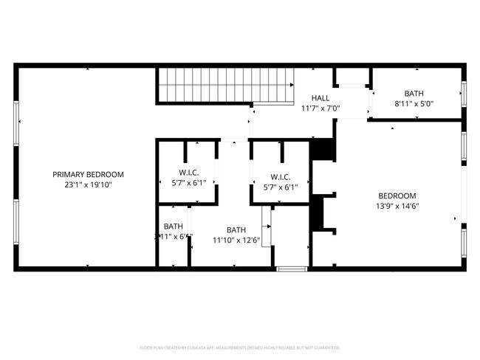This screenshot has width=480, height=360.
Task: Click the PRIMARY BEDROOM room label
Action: pos(88,174)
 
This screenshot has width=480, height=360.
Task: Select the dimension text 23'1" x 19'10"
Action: pos(88,185)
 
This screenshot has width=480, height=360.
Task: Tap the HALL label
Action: pos(320,98)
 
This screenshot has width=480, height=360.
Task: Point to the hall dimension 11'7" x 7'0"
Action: pos(320,108)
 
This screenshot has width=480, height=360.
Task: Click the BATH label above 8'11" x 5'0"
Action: pos(414,94)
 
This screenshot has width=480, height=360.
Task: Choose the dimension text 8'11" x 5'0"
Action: pos(414,104)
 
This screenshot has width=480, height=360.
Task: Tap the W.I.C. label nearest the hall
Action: pos(281,177)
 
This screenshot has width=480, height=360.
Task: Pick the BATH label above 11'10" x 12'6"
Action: pos(236,229)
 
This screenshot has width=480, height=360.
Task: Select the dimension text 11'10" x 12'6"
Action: pos(236,240)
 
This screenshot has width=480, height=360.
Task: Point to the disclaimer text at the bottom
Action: pos(239,347)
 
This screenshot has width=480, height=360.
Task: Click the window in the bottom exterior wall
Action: pos(291,269)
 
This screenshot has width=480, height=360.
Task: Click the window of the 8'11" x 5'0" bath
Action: pos(464,93)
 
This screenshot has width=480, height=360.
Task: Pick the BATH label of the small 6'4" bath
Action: pos(174,226)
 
